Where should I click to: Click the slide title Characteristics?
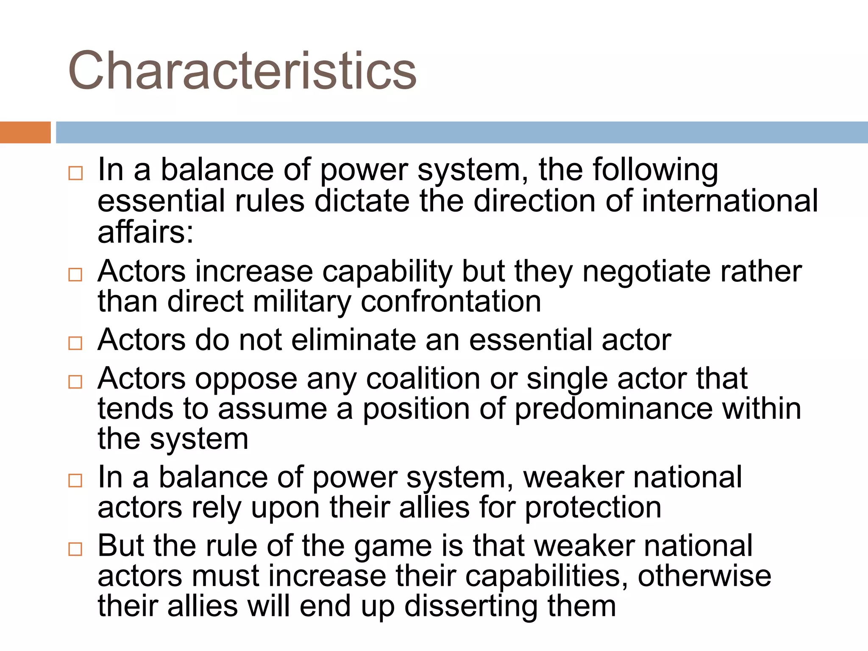click(x=242, y=71)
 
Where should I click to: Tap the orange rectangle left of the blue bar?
click(x=25, y=132)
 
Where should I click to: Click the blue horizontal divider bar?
click(x=462, y=132)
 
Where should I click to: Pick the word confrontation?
click(x=451, y=302)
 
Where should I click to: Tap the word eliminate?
click(x=354, y=340)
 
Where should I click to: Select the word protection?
click(x=593, y=508)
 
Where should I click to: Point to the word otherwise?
click(x=704, y=576)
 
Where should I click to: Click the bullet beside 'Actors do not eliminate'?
click(x=75, y=343)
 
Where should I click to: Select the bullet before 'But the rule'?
click(x=75, y=549)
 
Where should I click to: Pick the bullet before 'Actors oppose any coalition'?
click(x=75, y=381)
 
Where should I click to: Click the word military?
click(x=302, y=302)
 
